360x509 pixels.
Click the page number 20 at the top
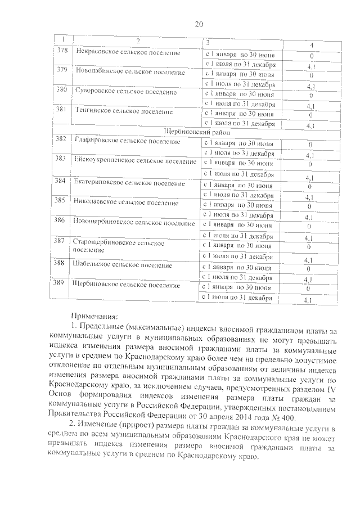click(198, 24)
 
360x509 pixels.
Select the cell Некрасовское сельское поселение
click(127, 53)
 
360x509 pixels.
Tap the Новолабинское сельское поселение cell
click(129, 72)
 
